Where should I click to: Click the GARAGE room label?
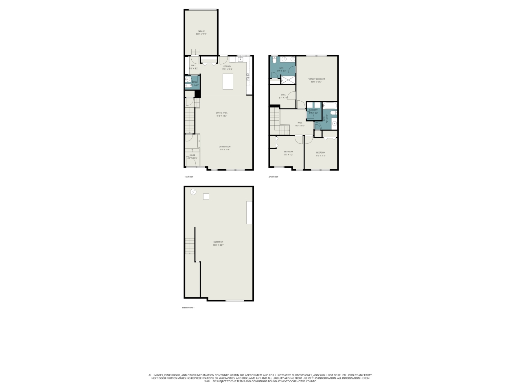pyautogui.click(x=201, y=31)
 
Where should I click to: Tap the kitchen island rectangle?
pyautogui.click(x=228, y=81)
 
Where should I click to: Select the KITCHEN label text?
pyautogui.click(x=227, y=66)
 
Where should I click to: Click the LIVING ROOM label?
pyautogui.click(x=225, y=147)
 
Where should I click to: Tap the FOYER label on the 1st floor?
pyautogui.click(x=192, y=155)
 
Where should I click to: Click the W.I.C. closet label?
pyautogui.click(x=283, y=95)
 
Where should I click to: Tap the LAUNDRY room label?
pyautogui.click(x=313, y=110)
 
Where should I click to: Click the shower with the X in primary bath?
pyautogui.click(x=289, y=80)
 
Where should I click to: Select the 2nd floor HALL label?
pyautogui.click(x=300, y=122)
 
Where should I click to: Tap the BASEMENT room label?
pyautogui.click(x=218, y=242)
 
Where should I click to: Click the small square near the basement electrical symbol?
pyautogui.click(x=206, y=197)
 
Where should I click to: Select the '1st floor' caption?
pyautogui.click(x=188, y=177)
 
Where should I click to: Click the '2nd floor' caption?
pyautogui.click(x=273, y=177)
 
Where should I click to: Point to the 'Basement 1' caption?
pyautogui.click(x=188, y=308)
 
